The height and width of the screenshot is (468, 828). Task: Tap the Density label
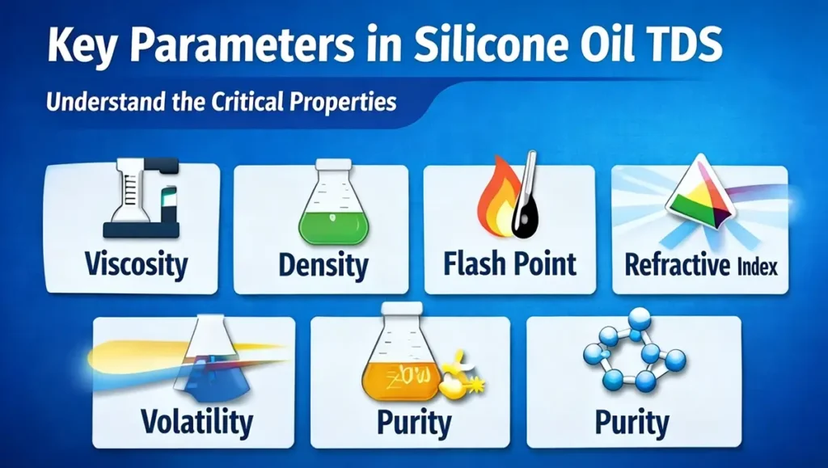323,264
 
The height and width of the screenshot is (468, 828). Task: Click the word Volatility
196,421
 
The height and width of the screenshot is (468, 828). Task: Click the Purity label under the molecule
632,422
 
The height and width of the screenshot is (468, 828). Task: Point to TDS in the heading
681,46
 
